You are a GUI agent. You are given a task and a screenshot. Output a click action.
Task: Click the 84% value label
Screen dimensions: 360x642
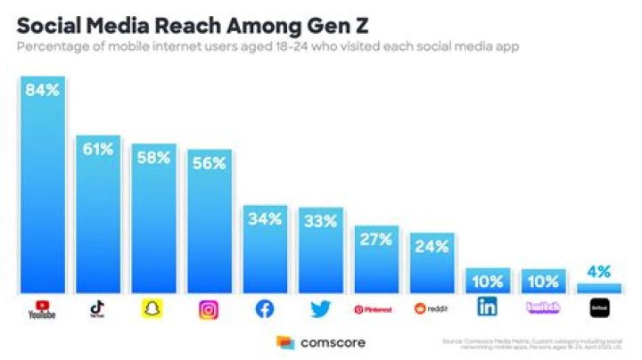point(43,91)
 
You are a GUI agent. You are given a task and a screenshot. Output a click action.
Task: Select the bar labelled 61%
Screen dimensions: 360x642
point(98,214)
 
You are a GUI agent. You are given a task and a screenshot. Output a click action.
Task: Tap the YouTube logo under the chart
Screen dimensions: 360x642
point(43,310)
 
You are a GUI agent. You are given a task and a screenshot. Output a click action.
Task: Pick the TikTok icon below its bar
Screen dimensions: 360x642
point(98,309)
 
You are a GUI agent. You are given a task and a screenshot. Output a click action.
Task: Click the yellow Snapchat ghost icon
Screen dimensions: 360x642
point(153,309)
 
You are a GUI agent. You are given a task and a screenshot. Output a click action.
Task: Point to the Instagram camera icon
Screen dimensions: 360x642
point(209,309)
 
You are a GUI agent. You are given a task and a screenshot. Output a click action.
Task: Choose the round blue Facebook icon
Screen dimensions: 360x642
point(265,309)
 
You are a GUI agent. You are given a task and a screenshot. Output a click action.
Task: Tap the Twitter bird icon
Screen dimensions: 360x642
point(320,309)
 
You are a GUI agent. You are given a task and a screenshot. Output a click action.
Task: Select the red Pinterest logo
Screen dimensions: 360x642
point(375,309)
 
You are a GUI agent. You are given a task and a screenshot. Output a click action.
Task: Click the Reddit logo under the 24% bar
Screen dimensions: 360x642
point(432,309)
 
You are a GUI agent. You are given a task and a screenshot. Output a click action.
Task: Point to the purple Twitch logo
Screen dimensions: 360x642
point(543,309)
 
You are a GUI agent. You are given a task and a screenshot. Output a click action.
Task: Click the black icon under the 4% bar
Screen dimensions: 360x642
point(598,309)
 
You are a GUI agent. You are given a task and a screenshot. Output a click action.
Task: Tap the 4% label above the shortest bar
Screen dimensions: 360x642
point(598,270)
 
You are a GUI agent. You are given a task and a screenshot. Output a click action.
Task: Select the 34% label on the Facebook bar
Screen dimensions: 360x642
point(265,219)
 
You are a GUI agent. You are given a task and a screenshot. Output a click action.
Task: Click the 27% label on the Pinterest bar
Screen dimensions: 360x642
point(375,240)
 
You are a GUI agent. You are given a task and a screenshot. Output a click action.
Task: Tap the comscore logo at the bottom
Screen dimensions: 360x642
point(321,342)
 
